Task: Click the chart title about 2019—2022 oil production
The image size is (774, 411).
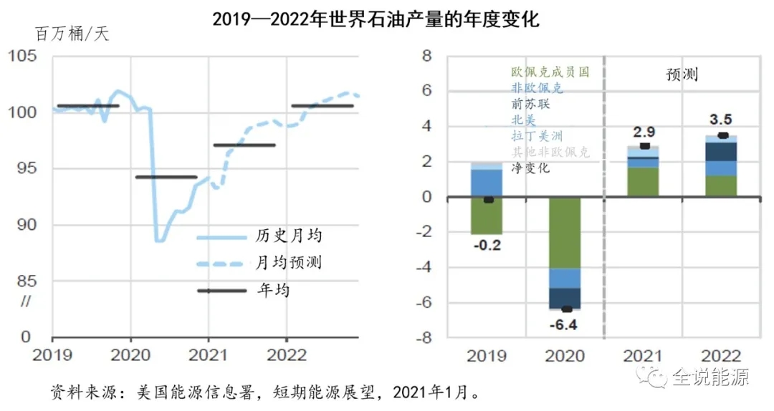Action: coord(376,19)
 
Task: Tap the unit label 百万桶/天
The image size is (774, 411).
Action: coord(72,34)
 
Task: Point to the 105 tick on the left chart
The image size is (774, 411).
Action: coord(24,57)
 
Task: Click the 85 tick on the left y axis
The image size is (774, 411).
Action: coord(24,280)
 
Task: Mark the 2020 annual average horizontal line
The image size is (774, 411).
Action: coord(166,176)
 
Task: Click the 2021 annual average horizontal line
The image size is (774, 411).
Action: coord(244,145)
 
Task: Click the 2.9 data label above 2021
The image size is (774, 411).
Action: coord(644,132)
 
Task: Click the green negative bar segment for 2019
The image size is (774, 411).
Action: coord(487,216)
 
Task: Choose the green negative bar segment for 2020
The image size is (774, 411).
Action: coord(565,233)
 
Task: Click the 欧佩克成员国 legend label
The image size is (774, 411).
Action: coord(550,72)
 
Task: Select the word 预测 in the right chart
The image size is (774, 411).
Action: coord(681,74)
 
